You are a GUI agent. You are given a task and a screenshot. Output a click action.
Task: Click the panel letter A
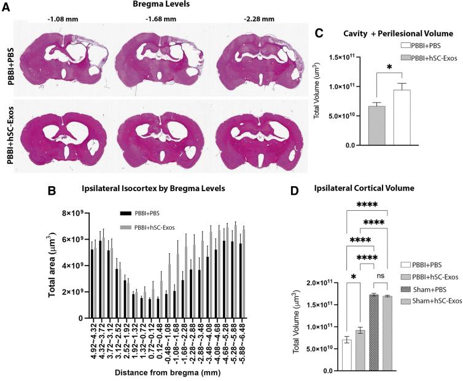(x=6, y=7)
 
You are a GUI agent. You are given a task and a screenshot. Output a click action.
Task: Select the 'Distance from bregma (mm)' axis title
(x=165, y=372)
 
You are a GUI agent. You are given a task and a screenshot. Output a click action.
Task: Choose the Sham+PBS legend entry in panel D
(x=434, y=307)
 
